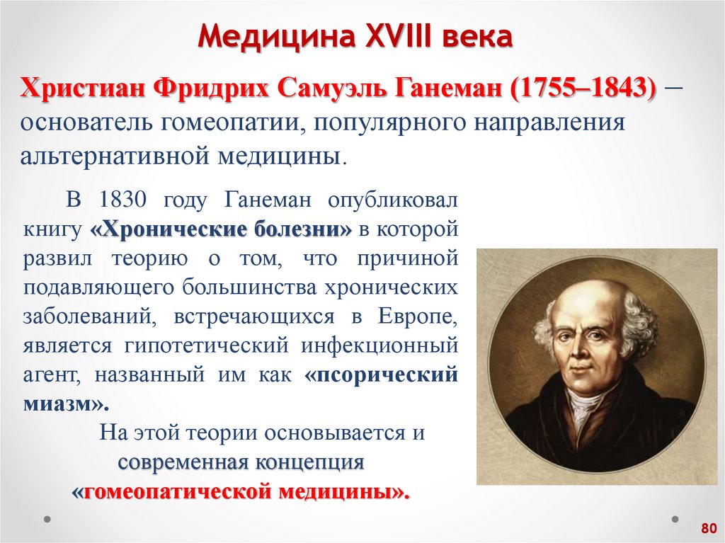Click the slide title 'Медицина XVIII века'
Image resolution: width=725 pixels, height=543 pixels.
point(353,37)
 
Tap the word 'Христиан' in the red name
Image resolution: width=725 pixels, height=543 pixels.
point(79,90)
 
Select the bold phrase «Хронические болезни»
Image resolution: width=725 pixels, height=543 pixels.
point(222,229)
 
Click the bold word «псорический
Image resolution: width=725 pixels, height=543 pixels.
point(382,375)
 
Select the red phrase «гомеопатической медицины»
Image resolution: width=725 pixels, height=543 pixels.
point(241,491)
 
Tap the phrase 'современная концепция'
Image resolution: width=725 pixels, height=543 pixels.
point(241,462)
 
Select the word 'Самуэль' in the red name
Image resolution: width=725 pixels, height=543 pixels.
point(333,90)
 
